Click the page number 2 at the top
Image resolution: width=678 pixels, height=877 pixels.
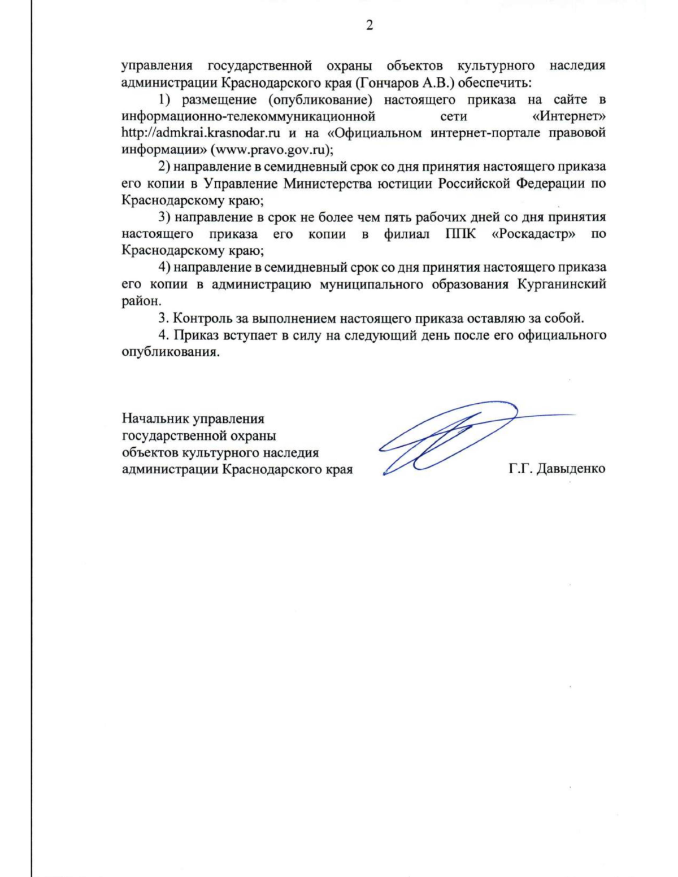coord(370,26)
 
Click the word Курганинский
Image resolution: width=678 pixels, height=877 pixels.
coord(562,283)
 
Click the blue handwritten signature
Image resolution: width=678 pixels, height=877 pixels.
coord(446,438)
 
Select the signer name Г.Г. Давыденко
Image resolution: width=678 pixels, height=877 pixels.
coord(557,469)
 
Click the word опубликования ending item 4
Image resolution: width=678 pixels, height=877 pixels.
coord(169,352)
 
